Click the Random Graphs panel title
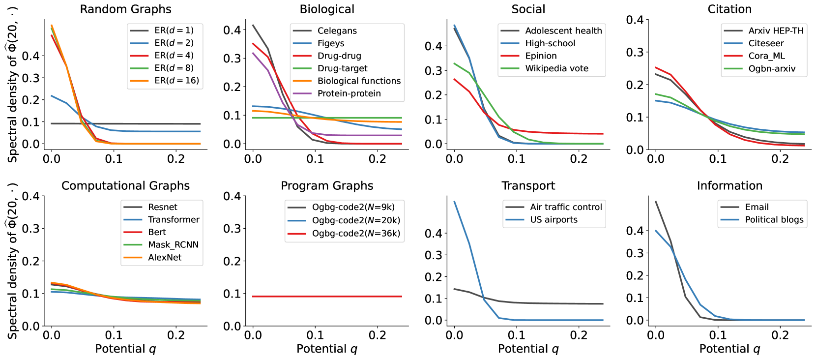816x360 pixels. [x=125, y=9]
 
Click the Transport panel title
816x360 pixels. [x=528, y=186]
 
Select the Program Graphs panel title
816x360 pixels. [x=327, y=186]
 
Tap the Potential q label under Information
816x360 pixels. [x=729, y=349]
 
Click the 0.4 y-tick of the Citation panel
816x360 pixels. [x=635, y=20]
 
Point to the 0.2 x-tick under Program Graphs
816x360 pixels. [x=377, y=335]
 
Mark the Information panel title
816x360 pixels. [x=729, y=186]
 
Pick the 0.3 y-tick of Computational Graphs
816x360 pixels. [x=30, y=229]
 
